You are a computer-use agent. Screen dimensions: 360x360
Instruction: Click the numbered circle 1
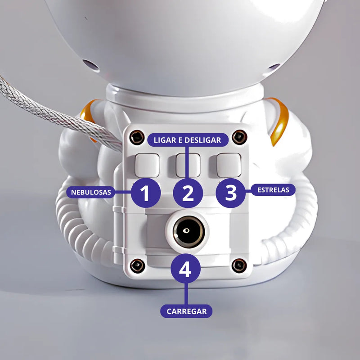[145, 193]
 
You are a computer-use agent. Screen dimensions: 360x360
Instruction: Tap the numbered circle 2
[188, 193]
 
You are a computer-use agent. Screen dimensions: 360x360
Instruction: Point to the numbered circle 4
[185, 270]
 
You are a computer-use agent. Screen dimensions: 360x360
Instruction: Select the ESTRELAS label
[273, 189]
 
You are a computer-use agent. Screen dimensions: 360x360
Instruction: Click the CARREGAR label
[186, 311]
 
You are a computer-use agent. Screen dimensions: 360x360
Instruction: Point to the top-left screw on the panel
[134, 137]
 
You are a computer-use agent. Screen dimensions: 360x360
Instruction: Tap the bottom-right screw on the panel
[238, 265]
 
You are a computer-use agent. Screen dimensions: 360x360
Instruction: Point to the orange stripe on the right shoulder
[281, 121]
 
